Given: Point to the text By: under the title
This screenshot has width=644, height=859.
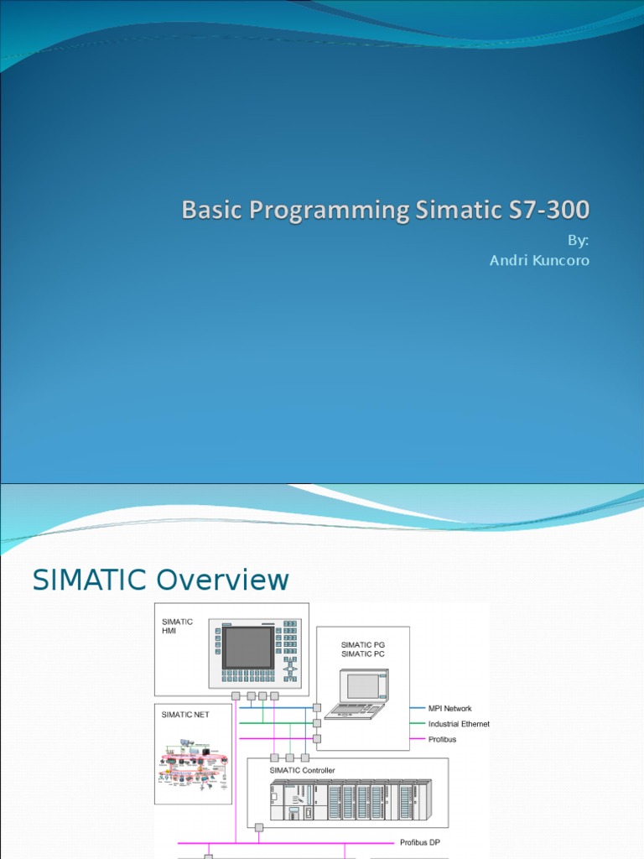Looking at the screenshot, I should [x=578, y=241].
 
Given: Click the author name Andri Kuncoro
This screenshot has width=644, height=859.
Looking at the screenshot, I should [x=539, y=261].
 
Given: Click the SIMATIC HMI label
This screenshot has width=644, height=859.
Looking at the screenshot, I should [x=177, y=626].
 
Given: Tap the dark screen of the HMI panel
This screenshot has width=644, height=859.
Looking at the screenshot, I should [x=248, y=647].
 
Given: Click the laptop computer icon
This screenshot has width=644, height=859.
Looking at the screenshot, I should [x=358, y=694].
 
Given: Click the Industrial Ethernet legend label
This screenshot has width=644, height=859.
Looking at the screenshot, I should [x=459, y=724].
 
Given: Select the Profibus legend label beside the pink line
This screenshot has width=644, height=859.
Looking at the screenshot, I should [x=443, y=739].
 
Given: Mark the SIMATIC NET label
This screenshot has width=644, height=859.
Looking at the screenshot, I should [x=185, y=716].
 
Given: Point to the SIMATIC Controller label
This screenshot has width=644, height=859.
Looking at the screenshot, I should [x=302, y=770].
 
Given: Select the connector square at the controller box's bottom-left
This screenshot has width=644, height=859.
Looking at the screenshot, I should [x=259, y=828].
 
